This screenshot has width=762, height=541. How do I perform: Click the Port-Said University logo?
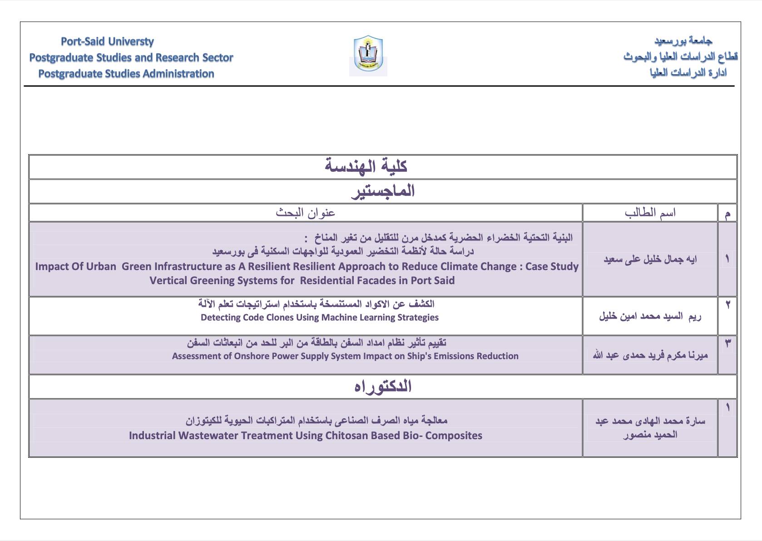(368, 55)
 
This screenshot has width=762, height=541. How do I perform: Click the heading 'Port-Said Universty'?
(107, 41)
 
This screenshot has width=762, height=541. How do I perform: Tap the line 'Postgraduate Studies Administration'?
(126, 74)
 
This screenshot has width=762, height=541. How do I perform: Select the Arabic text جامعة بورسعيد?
(683, 40)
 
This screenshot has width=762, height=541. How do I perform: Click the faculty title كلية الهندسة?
(366, 166)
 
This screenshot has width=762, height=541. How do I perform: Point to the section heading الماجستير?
(383, 190)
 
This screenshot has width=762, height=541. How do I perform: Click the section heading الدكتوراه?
(383, 386)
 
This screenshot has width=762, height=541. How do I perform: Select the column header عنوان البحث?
(305, 212)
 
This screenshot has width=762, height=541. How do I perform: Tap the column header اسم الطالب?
(650, 212)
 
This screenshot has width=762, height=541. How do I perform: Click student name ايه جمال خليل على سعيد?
(650, 259)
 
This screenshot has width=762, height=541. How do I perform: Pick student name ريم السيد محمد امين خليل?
(650, 316)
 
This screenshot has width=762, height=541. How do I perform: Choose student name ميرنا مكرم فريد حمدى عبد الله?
(650, 355)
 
